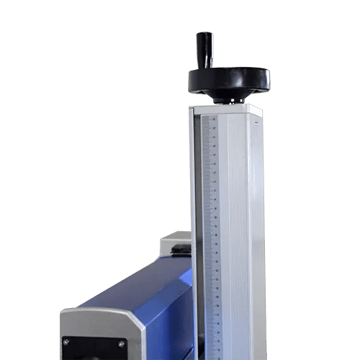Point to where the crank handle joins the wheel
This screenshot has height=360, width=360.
(x=206, y=68)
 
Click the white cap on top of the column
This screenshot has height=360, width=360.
(x=226, y=109)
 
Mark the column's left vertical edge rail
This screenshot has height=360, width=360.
(x=193, y=216)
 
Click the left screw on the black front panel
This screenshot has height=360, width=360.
(x=67, y=342)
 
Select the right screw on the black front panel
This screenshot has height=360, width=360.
(x=122, y=343)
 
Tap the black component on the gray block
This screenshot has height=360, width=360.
(x=181, y=249)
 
